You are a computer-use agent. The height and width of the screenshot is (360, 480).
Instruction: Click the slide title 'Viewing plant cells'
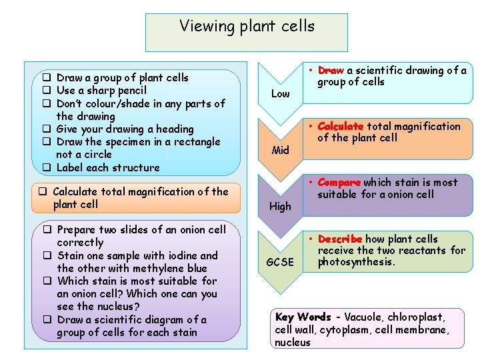point(247,27)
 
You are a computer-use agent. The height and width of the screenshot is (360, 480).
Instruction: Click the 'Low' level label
point(280,94)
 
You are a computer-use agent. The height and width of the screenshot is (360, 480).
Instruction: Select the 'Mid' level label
point(280,150)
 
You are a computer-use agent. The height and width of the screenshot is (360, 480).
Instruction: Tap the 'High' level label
point(280,207)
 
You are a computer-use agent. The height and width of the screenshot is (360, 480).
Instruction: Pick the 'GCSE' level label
point(280,262)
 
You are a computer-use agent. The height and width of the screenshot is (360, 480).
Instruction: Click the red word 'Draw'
point(331,71)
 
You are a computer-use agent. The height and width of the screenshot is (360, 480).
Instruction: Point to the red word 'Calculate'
point(341,126)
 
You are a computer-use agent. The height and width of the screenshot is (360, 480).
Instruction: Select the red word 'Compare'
point(339,182)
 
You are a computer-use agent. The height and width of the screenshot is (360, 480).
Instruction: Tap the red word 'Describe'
point(340,239)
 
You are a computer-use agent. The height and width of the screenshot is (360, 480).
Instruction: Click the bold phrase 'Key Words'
point(303,317)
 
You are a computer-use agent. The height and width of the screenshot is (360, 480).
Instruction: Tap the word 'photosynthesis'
point(356,262)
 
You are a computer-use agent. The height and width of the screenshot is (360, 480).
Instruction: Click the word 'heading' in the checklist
point(173,129)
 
